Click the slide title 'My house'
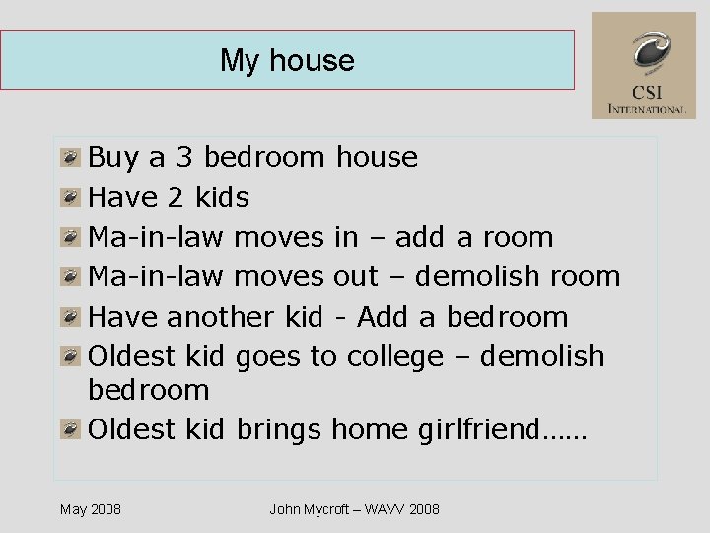click(287, 60)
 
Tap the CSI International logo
click(644, 65)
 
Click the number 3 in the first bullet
click(183, 157)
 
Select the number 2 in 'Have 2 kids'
click(176, 197)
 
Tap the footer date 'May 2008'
click(91, 509)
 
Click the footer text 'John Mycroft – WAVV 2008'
click(354, 509)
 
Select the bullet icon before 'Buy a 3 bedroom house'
click(70, 158)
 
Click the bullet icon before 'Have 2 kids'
click(70, 198)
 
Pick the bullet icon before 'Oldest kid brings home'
click(70, 430)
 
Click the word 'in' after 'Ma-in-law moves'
click(346, 237)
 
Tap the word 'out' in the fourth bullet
click(356, 276)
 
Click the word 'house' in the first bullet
click(377, 157)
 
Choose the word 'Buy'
click(113, 158)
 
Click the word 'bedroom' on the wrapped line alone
click(149, 389)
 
